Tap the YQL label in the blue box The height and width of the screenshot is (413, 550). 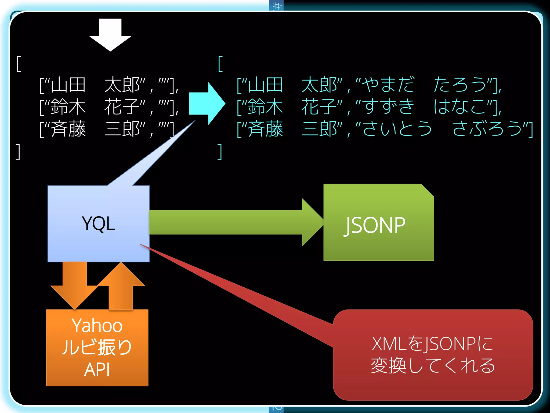click(x=99, y=224)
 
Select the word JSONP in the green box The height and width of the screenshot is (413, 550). click(x=375, y=225)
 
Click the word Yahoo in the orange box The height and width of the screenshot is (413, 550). click(x=97, y=326)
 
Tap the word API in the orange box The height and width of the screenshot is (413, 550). click(x=97, y=370)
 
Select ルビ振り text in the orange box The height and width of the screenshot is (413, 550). click(x=97, y=347)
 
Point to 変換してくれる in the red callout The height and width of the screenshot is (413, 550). click(x=432, y=366)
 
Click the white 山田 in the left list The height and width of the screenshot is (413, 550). click(x=68, y=85)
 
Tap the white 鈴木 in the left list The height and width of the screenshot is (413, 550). click(x=68, y=107)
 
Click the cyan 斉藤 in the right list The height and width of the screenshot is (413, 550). click(x=265, y=129)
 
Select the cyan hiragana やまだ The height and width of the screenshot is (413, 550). click(x=388, y=85)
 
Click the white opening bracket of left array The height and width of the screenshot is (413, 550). click(x=19, y=64)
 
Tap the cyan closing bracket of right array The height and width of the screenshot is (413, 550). click(x=220, y=152)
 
